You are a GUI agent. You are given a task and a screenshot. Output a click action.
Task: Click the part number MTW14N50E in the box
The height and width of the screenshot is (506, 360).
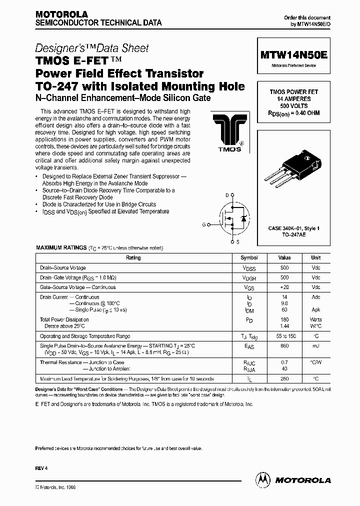(x=294, y=56)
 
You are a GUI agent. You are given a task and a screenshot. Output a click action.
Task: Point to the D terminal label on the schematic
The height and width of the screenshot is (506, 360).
(x=226, y=194)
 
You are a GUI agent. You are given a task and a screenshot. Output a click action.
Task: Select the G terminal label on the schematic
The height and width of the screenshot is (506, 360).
(x=204, y=224)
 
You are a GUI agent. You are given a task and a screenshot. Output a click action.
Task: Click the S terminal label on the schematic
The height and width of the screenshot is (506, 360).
(x=237, y=242)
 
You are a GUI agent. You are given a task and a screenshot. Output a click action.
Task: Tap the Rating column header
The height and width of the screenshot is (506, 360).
(x=133, y=258)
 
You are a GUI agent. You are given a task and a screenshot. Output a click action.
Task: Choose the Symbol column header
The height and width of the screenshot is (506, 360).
(x=249, y=258)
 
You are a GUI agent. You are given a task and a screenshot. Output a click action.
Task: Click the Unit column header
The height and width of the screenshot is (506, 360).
(x=316, y=258)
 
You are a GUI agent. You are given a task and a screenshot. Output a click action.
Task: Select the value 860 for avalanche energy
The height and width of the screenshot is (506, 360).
(x=284, y=345)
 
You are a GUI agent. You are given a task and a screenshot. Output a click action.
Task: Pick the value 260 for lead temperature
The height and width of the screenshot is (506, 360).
(x=284, y=378)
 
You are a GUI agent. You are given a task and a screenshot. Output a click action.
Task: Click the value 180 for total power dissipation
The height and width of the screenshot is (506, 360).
(x=284, y=319)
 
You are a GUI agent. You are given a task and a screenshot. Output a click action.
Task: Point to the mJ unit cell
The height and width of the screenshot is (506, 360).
(x=316, y=345)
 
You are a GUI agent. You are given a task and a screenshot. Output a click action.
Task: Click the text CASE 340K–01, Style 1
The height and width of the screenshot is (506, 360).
(x=294, y=228)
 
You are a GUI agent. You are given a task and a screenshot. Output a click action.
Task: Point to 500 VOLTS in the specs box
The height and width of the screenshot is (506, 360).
(x=294, y=106)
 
